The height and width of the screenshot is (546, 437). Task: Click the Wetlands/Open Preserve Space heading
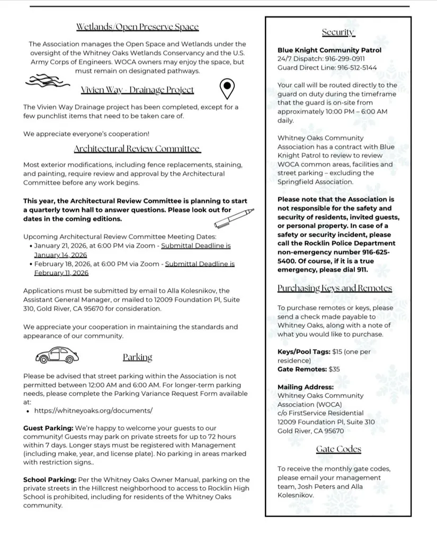coord(137,27)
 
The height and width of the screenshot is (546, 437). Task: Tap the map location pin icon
coord(227,89)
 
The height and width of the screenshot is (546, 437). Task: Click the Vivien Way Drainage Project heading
coord(137,90)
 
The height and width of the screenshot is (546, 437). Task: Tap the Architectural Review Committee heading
coord(137,149)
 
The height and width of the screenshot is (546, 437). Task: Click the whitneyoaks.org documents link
coord(93,411)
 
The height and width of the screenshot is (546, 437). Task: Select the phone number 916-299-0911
coord(345,59)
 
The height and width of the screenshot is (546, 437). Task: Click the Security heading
coord(338,32)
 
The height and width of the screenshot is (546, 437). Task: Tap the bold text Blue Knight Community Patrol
coord(329,50)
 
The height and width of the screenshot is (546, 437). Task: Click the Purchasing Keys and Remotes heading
coord(334,288)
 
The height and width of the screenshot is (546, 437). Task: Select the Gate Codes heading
coord(338,449)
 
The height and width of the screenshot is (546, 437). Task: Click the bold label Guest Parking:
coord(48,427)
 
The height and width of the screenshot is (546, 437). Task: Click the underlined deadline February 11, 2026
coord(61,273)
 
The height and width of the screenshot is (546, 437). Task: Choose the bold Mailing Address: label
coord(306,387)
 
